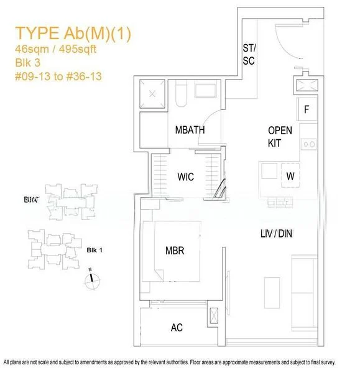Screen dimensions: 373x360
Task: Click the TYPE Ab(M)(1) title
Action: click(x=73, y=33)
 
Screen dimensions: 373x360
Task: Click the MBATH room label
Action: click(x=190, y=130)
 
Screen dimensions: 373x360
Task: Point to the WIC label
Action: click(x=185, y=177)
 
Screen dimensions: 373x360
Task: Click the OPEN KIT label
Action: click(x=275, y=137)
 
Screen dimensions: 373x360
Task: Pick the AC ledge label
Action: click(x=177, y=328)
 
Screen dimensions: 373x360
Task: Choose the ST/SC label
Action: click(x=249, y=55)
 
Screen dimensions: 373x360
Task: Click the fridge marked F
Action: click(x=307, y=110)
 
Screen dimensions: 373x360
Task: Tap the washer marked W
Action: click(x=290, y=176)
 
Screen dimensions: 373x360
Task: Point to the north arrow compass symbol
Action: click(x=93, y=278)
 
